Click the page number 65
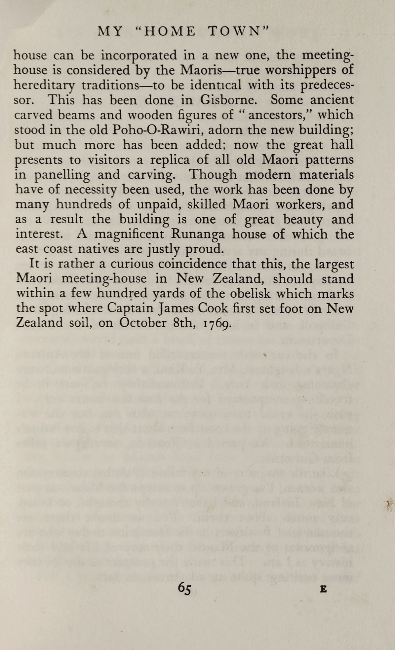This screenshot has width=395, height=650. click(184, 588)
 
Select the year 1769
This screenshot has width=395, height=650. click(216, 323)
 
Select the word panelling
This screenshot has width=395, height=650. click(62, 175)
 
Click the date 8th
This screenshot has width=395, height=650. click(185, 323)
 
